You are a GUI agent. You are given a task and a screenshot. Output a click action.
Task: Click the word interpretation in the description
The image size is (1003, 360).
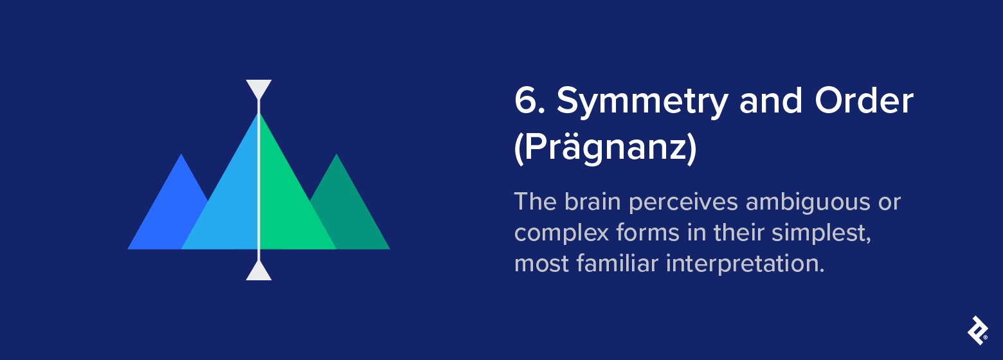pyautogui.click(x=745, y=263)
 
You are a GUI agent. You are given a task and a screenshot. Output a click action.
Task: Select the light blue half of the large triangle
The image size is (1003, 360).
pyautogui.click(x=228, y=206)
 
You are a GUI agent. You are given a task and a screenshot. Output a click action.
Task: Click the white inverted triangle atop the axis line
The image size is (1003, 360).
pyautogui.click(x=258, y=87)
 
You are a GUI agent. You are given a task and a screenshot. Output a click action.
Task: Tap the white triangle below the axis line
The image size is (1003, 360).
pyautogui.click(x=258, y=272)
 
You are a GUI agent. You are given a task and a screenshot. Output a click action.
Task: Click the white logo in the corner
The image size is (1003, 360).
pyautogui.click(x=977, y=330)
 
